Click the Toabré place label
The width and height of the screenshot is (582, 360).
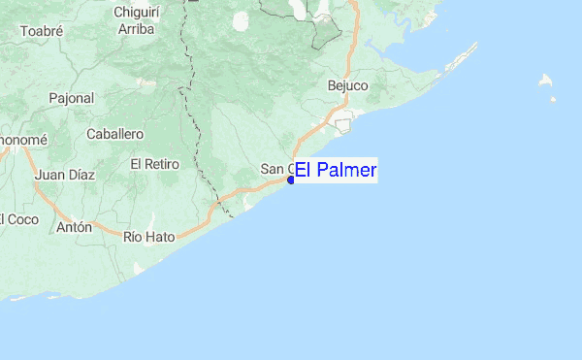click(41, 30)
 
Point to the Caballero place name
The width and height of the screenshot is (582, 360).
click(114, 134)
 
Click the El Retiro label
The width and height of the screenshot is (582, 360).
click(155, 164)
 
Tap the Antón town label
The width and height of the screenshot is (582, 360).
click(74, 227)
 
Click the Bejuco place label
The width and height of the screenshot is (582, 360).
click(348, 86)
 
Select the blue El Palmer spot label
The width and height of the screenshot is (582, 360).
click(335, 171)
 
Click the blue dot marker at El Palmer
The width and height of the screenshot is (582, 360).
click(291, 180)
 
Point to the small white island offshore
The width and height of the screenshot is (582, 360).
click(547, 82)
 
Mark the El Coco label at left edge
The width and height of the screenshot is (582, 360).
click(18, 219)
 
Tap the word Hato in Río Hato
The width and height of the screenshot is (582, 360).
click(160, 237)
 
